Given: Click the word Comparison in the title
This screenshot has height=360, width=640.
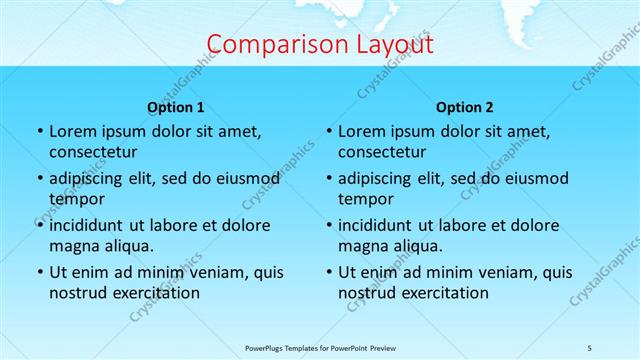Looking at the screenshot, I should [x=265, y=45].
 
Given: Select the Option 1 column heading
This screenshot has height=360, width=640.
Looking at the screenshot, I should [x=176, y=107].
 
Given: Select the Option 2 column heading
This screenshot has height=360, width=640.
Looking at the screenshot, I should [x=465, y=107].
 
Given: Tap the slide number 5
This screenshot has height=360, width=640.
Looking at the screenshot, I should [x=590, y=347].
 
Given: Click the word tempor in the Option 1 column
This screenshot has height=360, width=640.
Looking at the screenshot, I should [x=74, y=199].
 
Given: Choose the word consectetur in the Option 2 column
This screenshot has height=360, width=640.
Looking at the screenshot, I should [x=382, y=152].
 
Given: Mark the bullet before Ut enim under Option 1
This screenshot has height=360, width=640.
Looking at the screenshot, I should [x=39, y=272].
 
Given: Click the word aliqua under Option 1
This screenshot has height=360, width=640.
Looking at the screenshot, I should [x=129, y=246].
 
